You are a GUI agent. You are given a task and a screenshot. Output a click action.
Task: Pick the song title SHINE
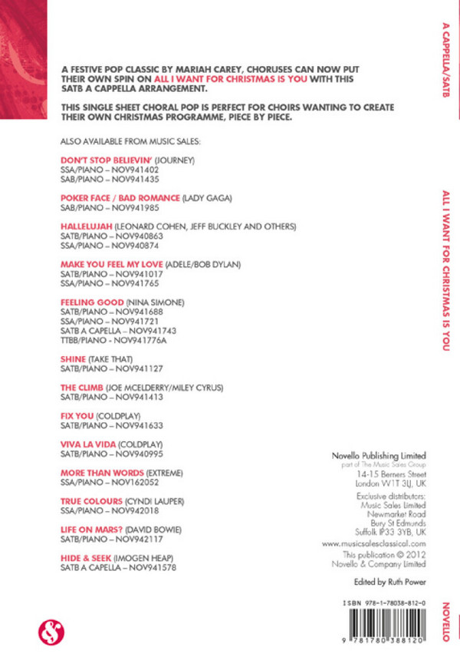(x=74, y=358)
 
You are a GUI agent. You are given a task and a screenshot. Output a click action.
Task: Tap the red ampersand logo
(x=51, y=632)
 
